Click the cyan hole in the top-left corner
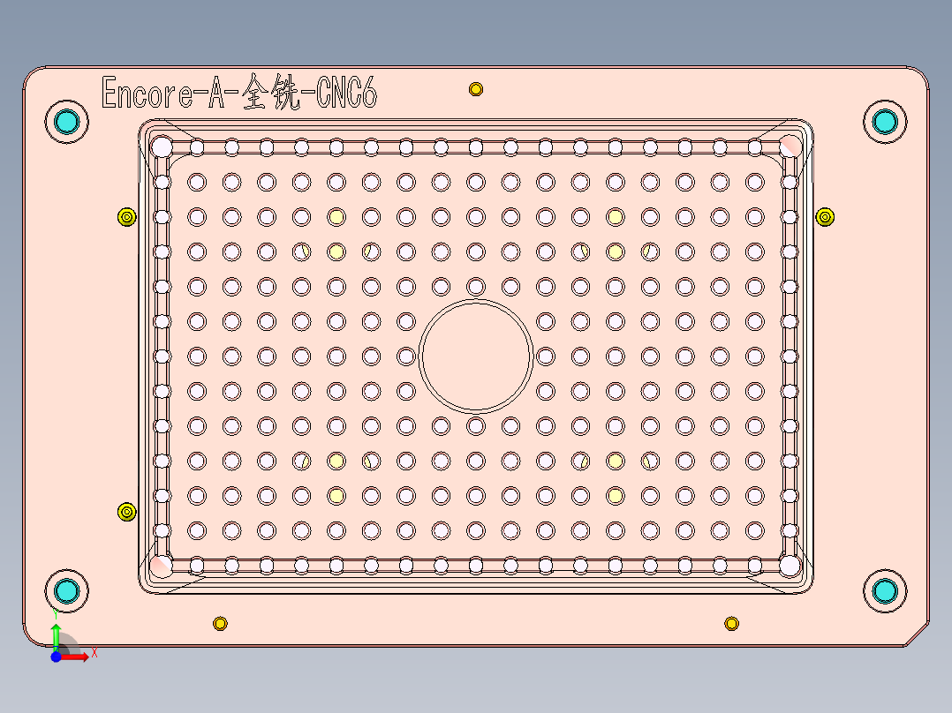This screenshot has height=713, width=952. point(66,121)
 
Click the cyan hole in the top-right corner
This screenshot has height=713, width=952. point(884,121)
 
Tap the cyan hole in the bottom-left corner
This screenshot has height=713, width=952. point(66,590)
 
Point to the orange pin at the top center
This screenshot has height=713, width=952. point(476,89)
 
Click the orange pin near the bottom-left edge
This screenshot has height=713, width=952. point(220,624)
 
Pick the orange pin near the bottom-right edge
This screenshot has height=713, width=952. point(731,624)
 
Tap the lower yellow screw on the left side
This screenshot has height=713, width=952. point(126,512)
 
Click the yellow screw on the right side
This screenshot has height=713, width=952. point(824,216)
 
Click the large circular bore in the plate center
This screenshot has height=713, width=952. point(476,356)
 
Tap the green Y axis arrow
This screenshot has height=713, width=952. point(56,632)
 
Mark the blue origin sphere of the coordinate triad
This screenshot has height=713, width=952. point(56,656)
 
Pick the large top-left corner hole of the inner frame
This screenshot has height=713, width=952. point(162,146)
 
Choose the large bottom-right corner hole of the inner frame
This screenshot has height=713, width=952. point(790,564)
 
